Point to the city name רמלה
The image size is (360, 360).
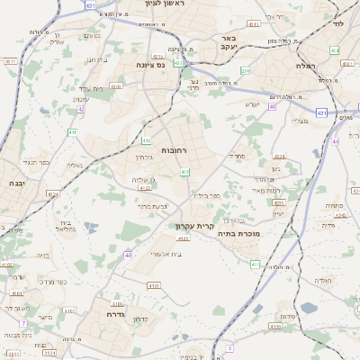pos(303,67)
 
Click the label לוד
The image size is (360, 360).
pos(338,25)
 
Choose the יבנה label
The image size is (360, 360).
pos(16,182)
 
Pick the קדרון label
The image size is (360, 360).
pos(139,319)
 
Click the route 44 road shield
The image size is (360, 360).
pos(336,141)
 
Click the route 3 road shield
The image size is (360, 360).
pos(229,347)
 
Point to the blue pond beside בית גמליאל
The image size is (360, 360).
pos(90,228)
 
